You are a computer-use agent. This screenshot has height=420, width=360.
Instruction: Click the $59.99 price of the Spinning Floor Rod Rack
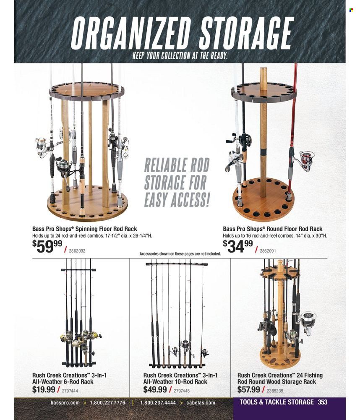47,246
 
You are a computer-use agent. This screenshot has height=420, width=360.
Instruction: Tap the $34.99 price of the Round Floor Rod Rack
238,246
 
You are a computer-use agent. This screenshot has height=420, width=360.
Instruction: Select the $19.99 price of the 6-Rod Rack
44,389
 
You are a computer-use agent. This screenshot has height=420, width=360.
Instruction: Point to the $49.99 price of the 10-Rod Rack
155,389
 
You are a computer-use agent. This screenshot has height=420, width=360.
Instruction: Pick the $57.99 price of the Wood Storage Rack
249,389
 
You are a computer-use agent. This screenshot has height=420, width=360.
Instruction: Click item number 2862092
77,251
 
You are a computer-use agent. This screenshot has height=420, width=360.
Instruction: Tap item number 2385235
274,391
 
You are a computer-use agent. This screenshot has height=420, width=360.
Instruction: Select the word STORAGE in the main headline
246,34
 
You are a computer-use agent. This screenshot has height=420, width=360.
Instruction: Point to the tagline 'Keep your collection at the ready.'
180,56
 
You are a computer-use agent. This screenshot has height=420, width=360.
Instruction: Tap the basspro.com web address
65,403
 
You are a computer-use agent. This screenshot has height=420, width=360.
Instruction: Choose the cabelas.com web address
201,403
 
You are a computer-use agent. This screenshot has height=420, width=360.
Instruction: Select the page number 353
323,402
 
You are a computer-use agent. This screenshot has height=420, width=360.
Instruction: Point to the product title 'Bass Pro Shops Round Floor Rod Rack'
273,229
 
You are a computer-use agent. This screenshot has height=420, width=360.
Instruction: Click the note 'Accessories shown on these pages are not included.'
180,254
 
